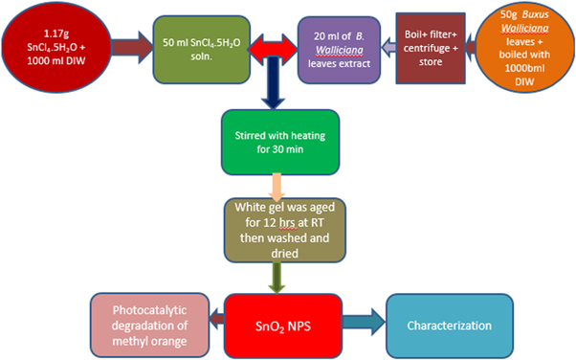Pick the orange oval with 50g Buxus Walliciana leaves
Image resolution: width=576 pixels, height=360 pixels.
coord(528,42)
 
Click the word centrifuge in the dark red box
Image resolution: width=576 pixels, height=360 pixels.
coord(432,43)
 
